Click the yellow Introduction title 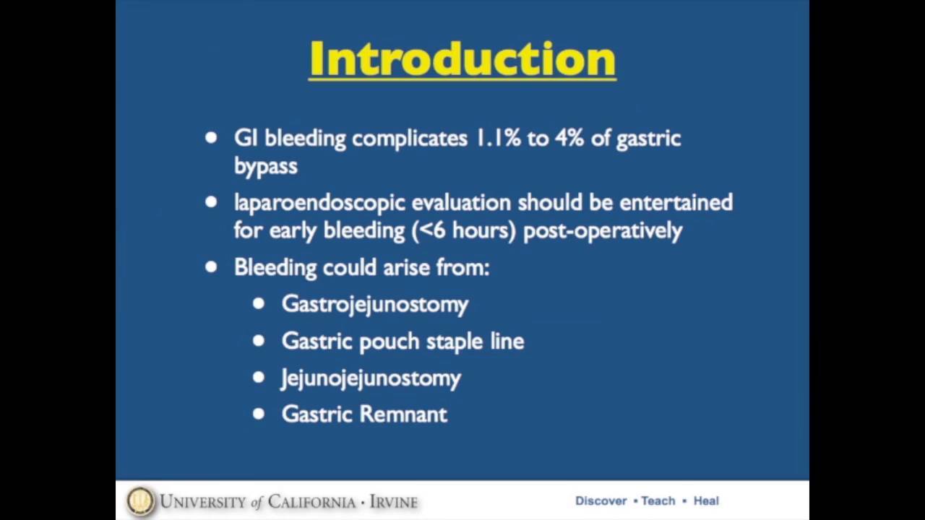(x=462, y=59)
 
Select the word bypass (x=265, y=167)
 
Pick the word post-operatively (x=602, y=231)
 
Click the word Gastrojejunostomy (x=374, y=305)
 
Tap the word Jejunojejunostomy (x=370, y=378)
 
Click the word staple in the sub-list (x=455, y=342)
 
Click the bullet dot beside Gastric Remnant (x=259, y=414)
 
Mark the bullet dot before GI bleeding (x=211, y=137)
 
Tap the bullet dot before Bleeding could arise (x=211, y=266)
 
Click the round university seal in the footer (x=140, y=501)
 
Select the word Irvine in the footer (x=393, y=501)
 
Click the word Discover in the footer (x=601, y=500)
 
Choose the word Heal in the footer (x=706, y=500)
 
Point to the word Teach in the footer (x=658, y=500)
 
